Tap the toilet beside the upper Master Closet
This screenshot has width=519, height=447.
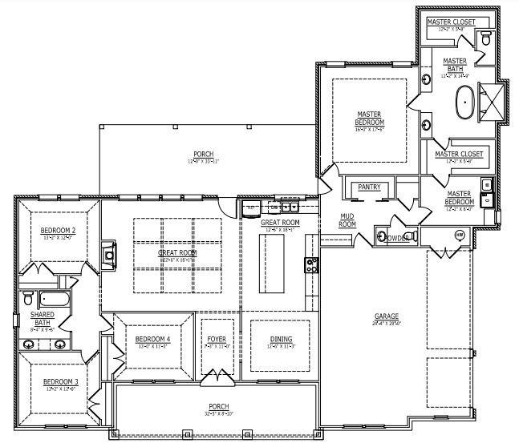click(486, 38)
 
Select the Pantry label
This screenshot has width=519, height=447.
click(369, 187)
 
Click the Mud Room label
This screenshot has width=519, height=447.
click(347, 221)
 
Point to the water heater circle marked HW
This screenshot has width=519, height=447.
click(460, 236)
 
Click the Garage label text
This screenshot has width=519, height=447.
click(386, 316)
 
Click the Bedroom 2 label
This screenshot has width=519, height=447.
click(58, 233)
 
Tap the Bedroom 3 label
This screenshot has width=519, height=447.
click(59, 381)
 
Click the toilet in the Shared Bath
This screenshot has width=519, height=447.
click(28, 299)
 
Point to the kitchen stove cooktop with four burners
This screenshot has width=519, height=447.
click(310, 264)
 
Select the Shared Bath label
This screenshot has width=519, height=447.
click(42, 321)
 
